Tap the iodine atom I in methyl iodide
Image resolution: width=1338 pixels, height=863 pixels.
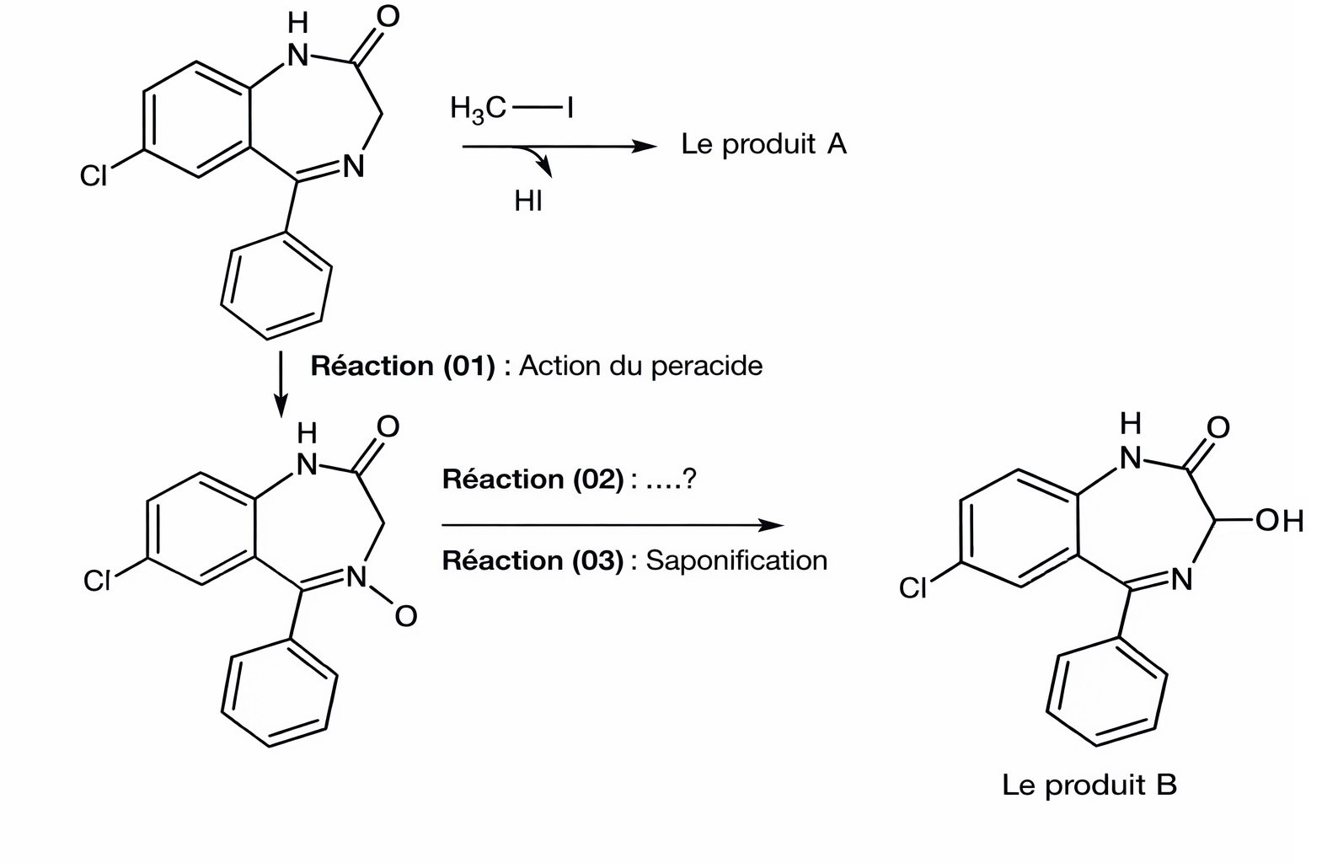(x=570, y=108)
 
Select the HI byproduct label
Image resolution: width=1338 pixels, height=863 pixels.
(x=528, y=201)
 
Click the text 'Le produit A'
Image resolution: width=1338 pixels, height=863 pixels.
(x=763, y=144)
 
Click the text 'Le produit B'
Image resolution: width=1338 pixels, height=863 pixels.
(x=1089, y=785)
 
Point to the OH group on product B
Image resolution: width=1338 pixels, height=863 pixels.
(x=1279, y=521)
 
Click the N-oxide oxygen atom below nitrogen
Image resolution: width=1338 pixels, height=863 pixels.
(x=405, y=617)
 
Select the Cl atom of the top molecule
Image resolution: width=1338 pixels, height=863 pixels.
(x=94, y=175)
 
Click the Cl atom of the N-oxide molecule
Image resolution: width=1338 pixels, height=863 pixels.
(x=97, y=582)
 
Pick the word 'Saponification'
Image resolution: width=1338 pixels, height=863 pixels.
(x=736, y=560)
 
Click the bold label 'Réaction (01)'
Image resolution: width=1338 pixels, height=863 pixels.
(x=402, y=366)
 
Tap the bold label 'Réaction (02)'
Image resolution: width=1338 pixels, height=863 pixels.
(x=532, y=480)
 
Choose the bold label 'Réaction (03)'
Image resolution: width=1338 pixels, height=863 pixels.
(x=532, y=560)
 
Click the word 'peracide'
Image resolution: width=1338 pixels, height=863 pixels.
(x=714, y=366)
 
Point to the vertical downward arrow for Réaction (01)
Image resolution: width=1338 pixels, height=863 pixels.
(x=281, y=384)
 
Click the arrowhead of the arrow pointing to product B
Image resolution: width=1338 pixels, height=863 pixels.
(x=771, y=525)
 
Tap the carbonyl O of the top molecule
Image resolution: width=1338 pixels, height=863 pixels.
(x=387, y=17)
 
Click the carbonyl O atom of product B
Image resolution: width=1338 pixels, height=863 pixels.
(x=1218, y=426)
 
